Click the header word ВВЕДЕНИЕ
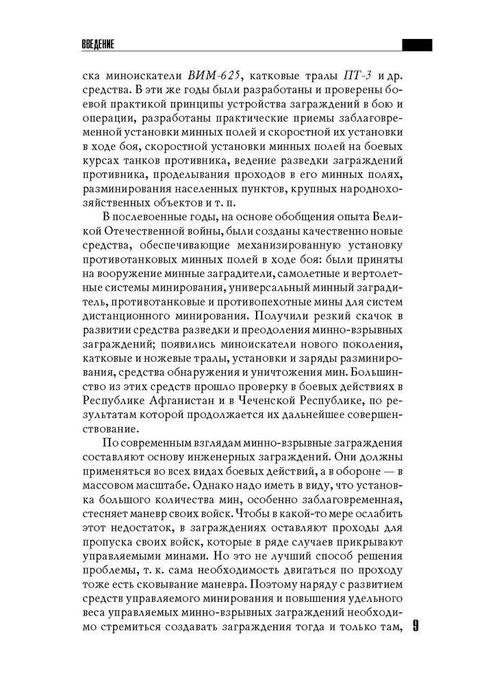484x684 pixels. click(97, 46)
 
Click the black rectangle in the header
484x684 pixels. click(416, 46)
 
